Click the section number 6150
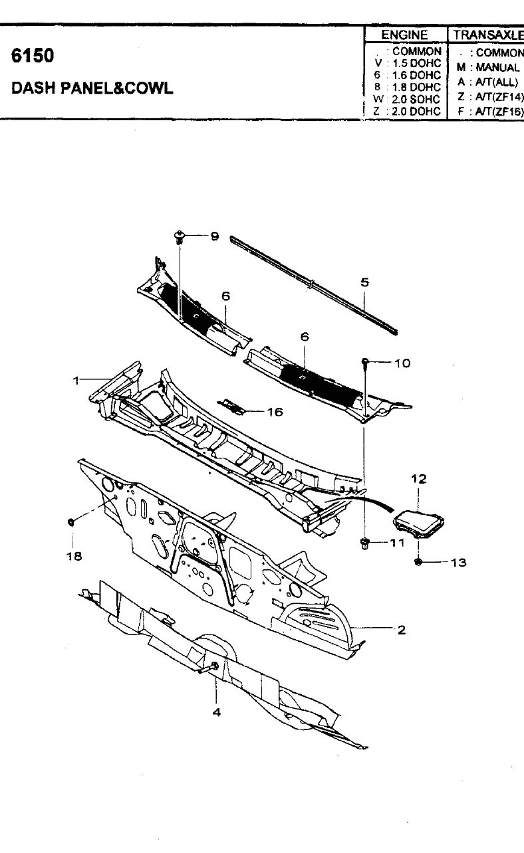click(x=33, y=56)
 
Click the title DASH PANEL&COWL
click(x=92, y=88)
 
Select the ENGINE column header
click(x=404, y=35)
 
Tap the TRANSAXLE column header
click(x=489, y=35)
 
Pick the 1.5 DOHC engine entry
click(x=416, y=63)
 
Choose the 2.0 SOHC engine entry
click(x=416, y=99)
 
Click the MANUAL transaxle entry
click(x=497, y=67)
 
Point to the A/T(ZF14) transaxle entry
click(x=499, y=97)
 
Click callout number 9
click(x=215, y=237)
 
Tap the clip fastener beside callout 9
click(x=179, y=237)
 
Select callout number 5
click(x=364, y=282)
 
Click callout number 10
click(x=402, y=363)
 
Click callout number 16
click(x=275, y=412)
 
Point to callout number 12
click(x=418, y=479)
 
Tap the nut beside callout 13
click(x=418, y=561)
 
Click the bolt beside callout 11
click(x=364, y=543)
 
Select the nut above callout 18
click(x=71, y=521)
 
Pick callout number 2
click(x=401, y=630)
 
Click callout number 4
click(x=217, y=712)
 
